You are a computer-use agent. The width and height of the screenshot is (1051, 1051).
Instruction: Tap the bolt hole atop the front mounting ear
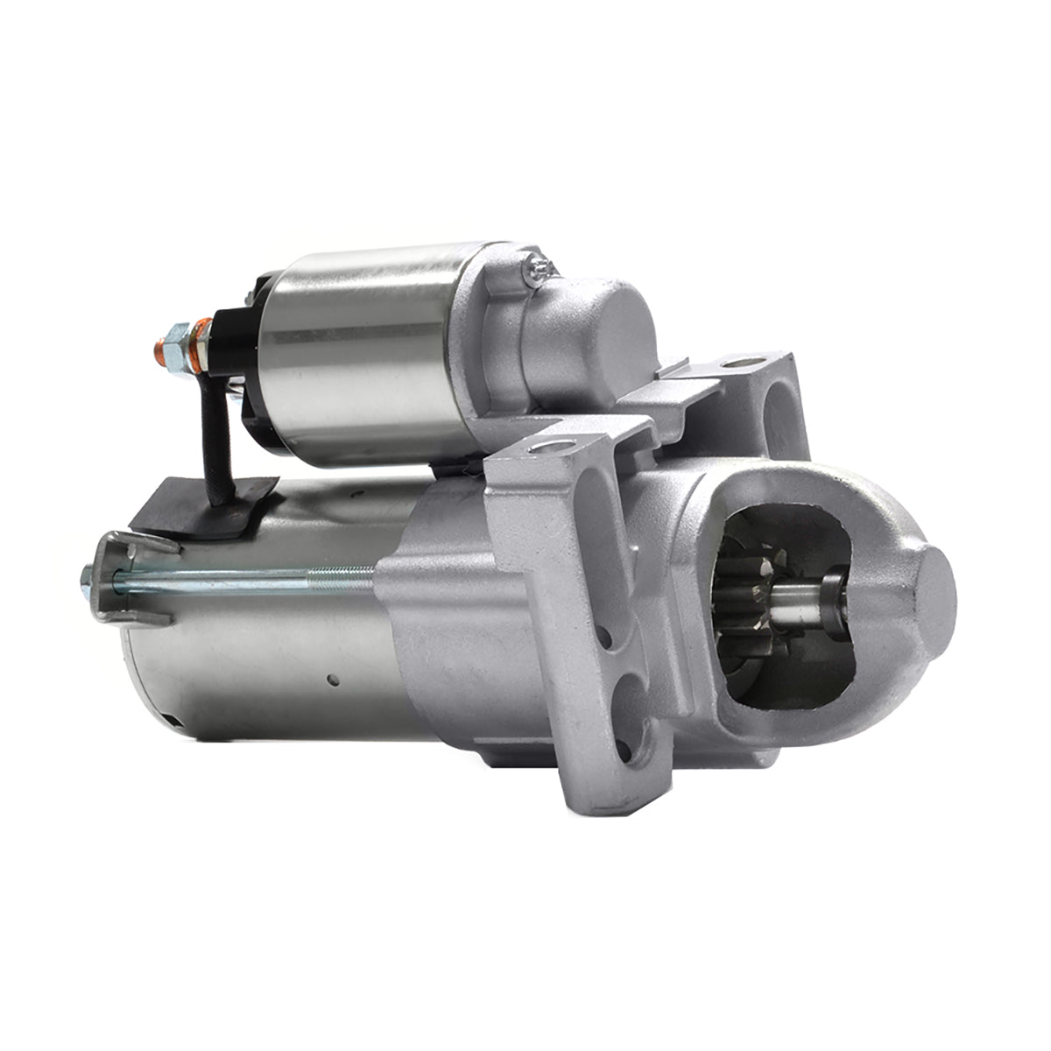coord(551,446)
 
